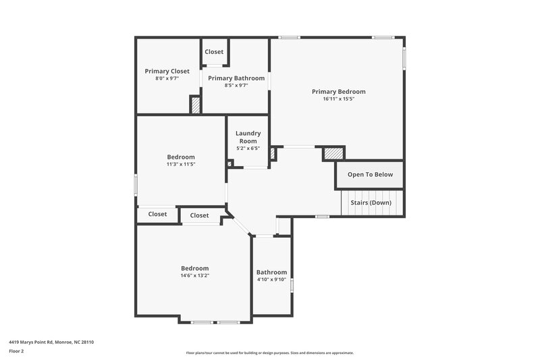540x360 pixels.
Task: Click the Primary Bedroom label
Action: [x=338, y=91]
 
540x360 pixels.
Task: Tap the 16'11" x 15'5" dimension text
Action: [x=338, y=99]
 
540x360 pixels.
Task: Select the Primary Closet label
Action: [x=167, y=71]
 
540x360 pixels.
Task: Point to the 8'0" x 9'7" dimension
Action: [x=167, y=78]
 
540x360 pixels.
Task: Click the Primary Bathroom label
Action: [x=236, y=78]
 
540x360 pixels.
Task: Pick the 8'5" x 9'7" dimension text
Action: [x=236, y=86]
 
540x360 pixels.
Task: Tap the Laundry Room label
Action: [x=248, y=137]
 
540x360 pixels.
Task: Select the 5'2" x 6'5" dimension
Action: [x=248, y=148]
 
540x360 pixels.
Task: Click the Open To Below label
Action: [x=370, y=174]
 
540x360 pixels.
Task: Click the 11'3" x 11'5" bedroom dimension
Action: [x=181, y=164]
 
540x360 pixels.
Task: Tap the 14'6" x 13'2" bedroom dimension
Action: [x=194, y=276]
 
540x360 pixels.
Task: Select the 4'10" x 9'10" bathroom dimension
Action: [x=271, y=280]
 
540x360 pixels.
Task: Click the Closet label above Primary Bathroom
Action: [x=214, y=52]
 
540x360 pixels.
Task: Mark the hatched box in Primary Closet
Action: [x=195, y=105]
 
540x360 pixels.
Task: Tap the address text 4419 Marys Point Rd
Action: [x=51, y=342]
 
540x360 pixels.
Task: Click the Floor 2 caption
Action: [x=17, y=351]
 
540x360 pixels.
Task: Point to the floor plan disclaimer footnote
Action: [x=269, y=353]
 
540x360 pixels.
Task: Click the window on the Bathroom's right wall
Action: [x=292, y=286]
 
